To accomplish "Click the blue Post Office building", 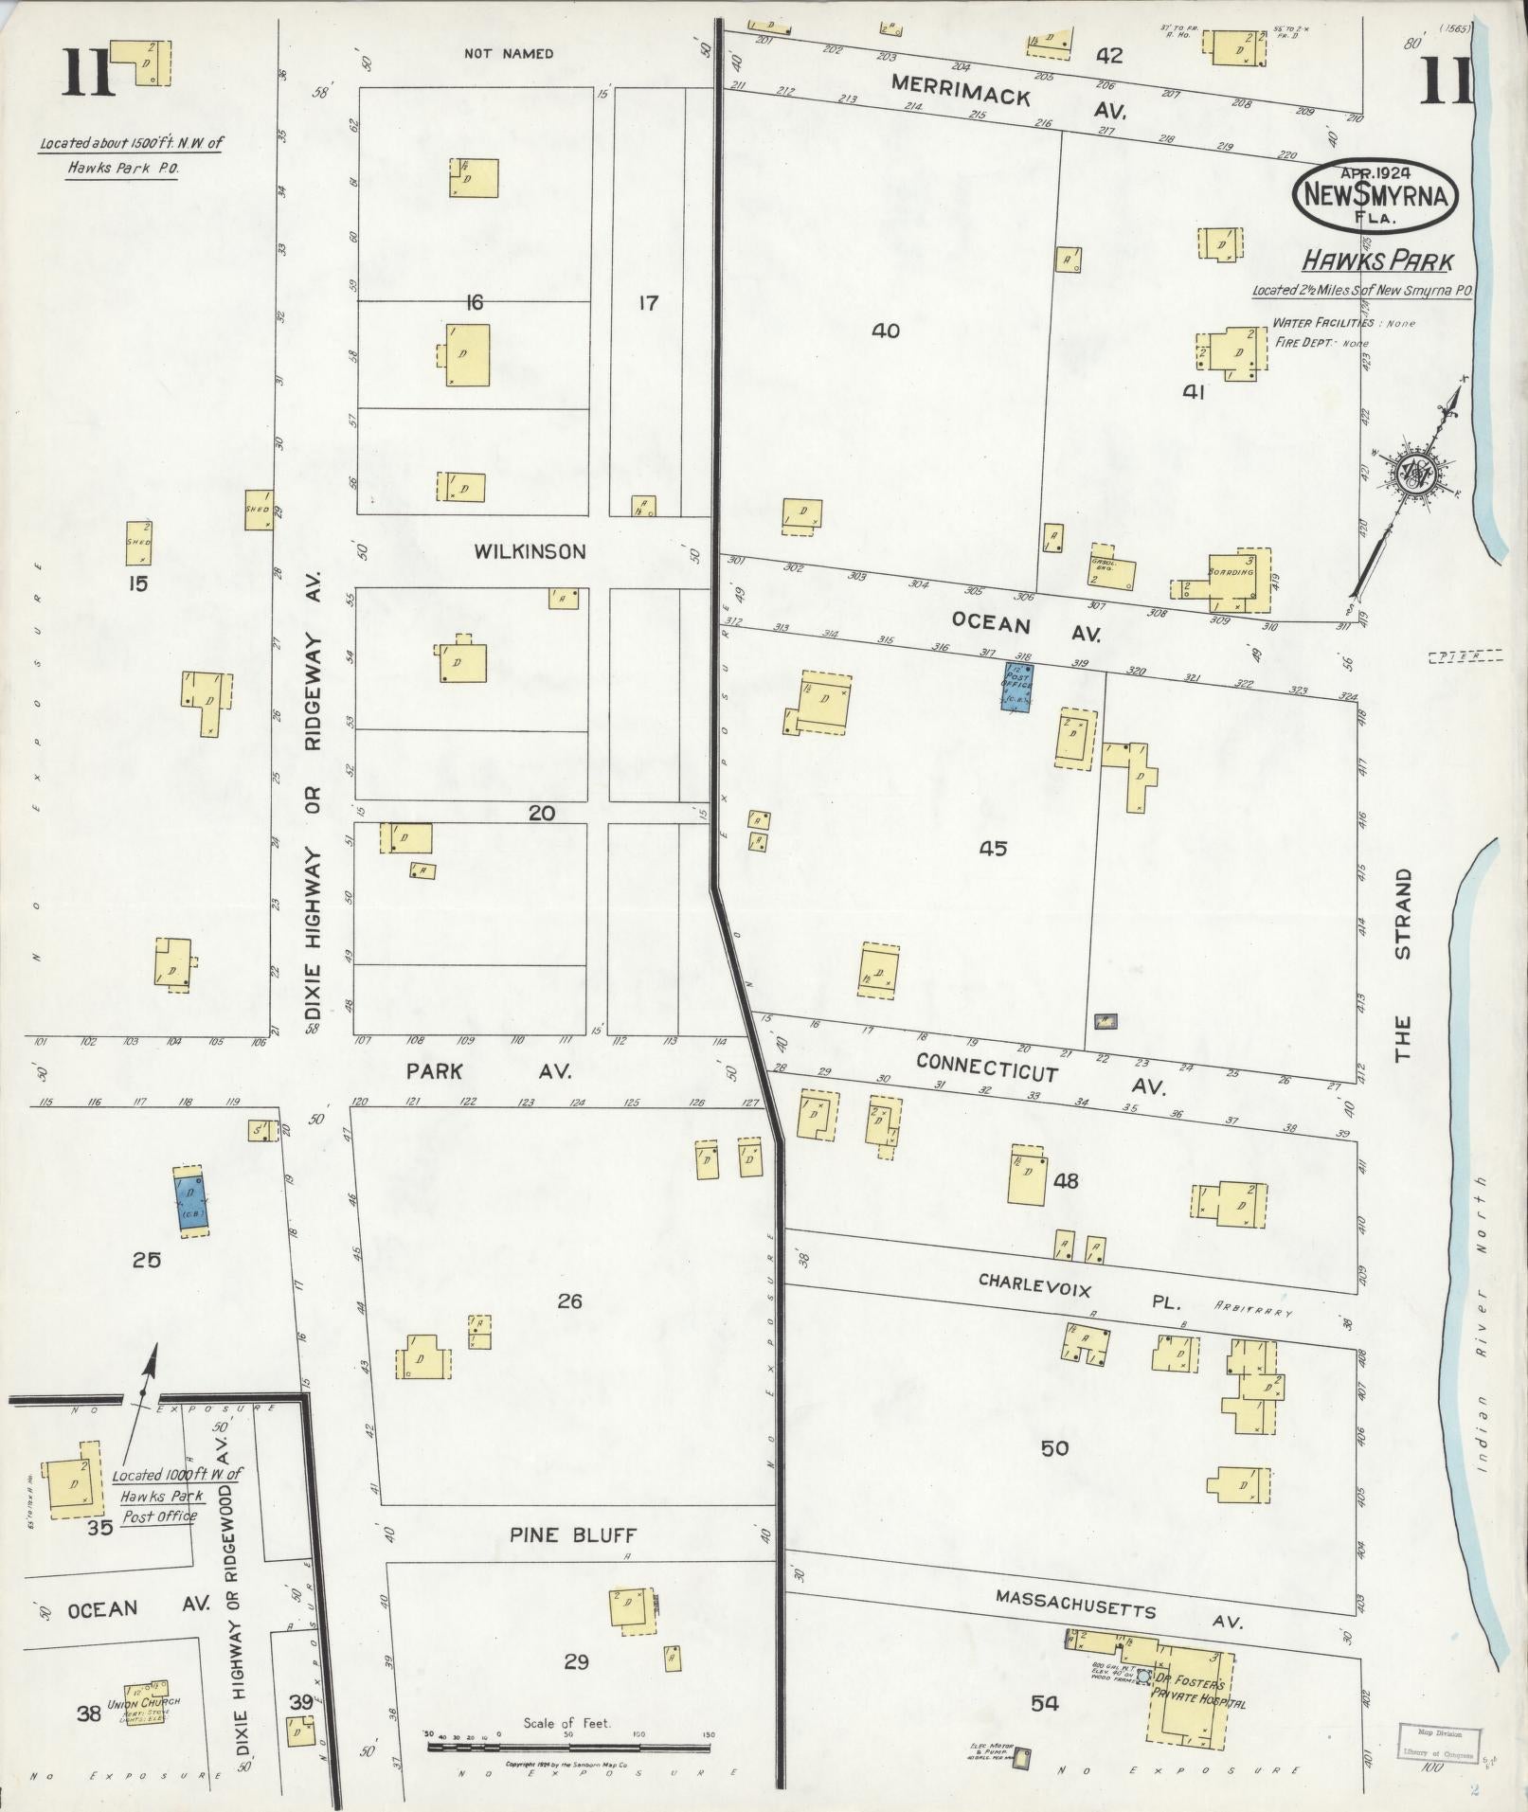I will [x=1017, y=687].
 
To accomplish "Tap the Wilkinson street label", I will [x=530, y=551].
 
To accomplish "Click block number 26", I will [x=569, y=1301].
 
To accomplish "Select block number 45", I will [x=993, y=849].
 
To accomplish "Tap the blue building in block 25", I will [x=192, y=1202].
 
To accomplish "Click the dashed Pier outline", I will [x=1465, y=655].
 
